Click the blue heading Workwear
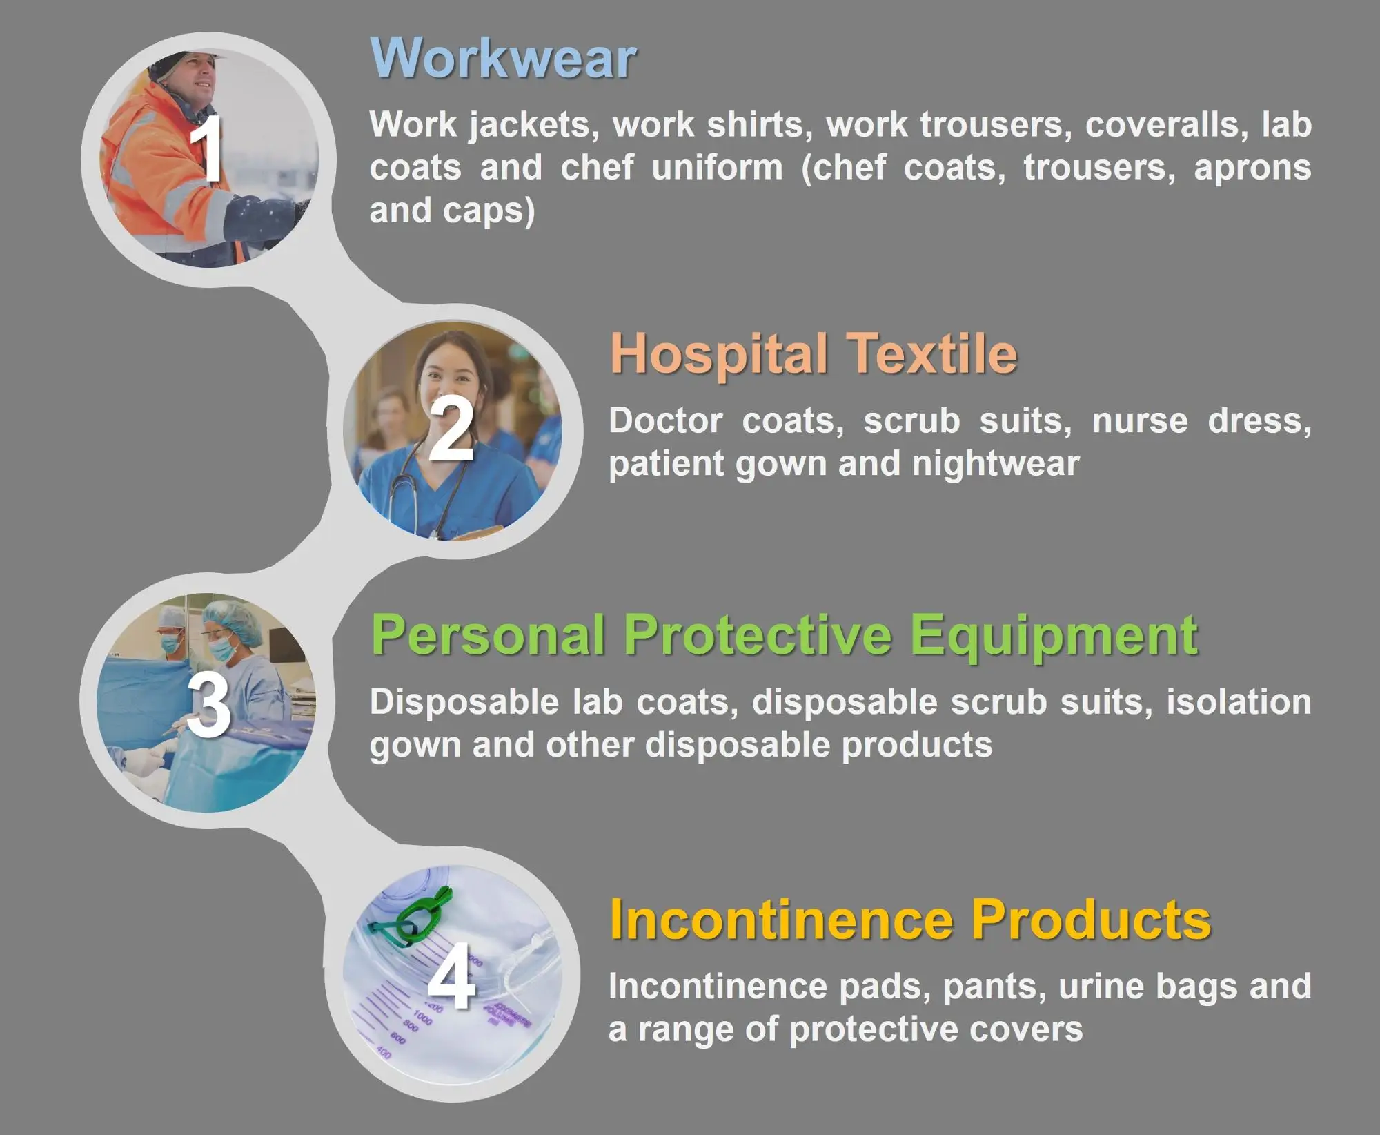502,58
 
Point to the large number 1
207,149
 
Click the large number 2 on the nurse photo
451,429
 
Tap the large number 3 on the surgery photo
208,705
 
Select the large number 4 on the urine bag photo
452,977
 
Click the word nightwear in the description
996,464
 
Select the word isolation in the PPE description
1239,702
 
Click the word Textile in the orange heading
933,353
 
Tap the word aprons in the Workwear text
1252,169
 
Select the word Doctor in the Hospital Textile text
665,420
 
